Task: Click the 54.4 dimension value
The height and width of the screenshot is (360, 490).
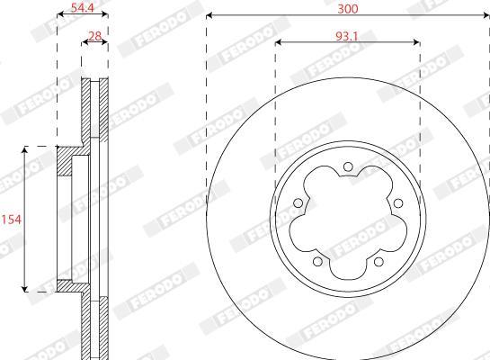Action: (x=83, y=7)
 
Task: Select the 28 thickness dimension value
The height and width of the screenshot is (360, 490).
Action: (x=95, y=36)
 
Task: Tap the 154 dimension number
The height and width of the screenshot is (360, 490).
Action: (x=12, y=220)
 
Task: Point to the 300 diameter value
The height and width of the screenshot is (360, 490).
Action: (x=348, y=9)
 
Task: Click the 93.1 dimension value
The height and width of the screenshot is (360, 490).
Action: (x=346, y=36)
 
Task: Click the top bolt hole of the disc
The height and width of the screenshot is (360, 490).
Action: (x=348, y=166)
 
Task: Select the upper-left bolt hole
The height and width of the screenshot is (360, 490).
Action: (x=298, y=203)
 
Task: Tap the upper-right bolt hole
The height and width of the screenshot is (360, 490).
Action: (x=397, y=203)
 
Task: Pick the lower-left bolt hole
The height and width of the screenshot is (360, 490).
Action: (x=317, y=261)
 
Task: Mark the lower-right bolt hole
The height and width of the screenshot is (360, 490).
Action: (x=379, y=261)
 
